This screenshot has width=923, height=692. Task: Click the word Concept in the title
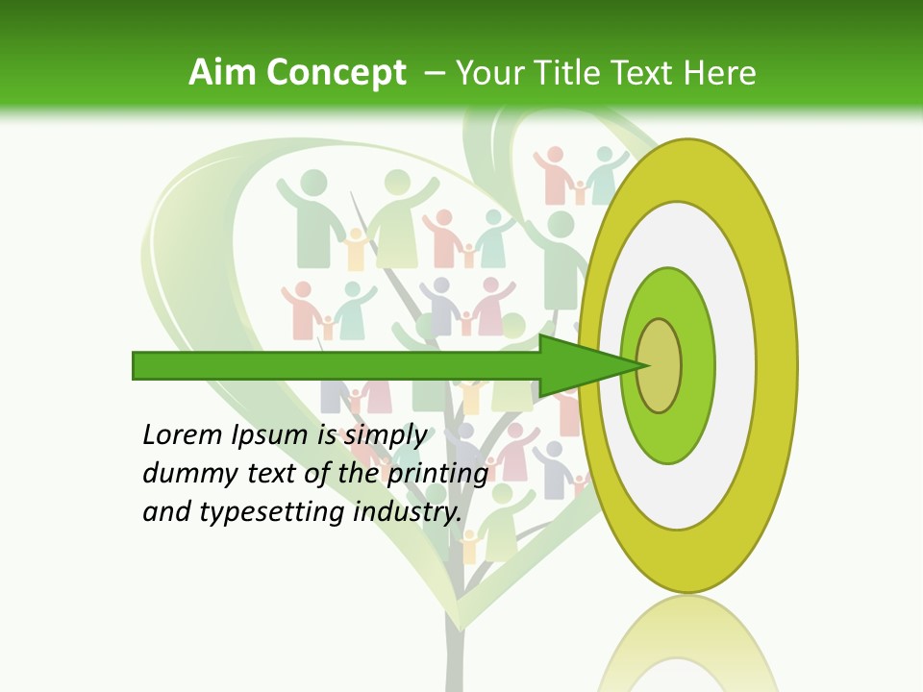336,73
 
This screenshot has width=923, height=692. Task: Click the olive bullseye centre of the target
660,365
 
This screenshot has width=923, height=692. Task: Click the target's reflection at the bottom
686,649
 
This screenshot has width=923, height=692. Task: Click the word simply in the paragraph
386,435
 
